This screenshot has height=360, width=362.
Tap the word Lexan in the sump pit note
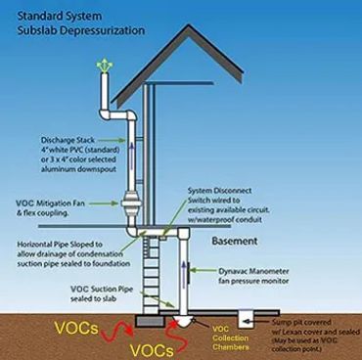[294, 331]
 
